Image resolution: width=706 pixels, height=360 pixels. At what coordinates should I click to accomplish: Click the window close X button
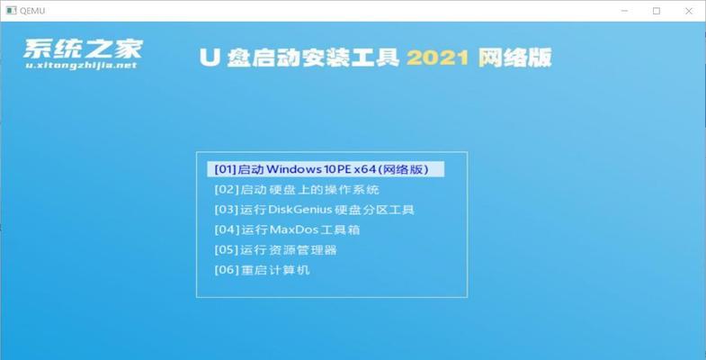pos(688,12)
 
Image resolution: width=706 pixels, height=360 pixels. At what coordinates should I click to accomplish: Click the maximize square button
pos(657,12)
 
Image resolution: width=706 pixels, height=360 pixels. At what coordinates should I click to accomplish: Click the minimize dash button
pos(624,12)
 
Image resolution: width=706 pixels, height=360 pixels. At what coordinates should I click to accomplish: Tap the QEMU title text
pos(32,11)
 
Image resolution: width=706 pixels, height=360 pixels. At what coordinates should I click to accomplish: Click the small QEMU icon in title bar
pos(11,11)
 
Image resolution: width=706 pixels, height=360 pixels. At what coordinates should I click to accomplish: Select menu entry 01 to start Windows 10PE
pos(326,169)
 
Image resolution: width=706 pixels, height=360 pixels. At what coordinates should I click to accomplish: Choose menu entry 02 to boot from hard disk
pos(297,190)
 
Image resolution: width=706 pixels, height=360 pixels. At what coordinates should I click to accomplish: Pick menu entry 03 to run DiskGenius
pos(314,210)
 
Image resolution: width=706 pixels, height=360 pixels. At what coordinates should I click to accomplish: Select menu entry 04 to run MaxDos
pos(287,230)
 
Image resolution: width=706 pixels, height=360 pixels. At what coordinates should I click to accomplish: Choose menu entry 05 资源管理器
pos(275,250)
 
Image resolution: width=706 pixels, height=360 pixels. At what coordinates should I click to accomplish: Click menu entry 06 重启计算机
pos(262,270)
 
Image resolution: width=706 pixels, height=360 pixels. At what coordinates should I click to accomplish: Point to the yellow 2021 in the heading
pos(438,58)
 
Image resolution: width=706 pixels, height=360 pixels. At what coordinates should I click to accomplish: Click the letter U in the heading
pos(210,58)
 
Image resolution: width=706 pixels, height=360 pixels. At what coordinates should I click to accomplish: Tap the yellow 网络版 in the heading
pos(514,58)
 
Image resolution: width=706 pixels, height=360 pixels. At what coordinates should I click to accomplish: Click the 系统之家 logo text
pos(84,49)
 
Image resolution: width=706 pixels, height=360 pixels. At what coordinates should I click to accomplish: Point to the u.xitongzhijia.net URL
pos(81,66)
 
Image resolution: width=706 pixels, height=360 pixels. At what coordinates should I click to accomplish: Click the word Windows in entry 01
pos(293,169)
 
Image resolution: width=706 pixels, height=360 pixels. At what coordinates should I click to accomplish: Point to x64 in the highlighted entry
pos(364,169)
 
